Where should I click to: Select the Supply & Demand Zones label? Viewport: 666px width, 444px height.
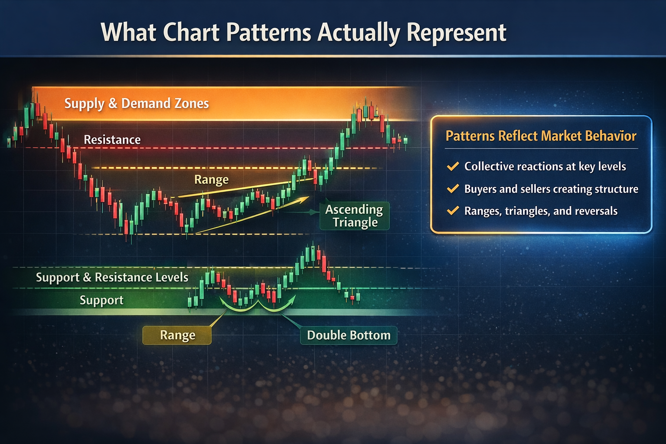137,104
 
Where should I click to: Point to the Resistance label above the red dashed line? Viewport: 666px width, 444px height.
112,140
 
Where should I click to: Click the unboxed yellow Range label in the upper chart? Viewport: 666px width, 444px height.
211,180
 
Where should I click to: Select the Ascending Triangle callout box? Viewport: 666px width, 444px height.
354,216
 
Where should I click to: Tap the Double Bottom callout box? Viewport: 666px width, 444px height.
349,335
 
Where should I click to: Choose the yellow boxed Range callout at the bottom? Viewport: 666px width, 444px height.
177,335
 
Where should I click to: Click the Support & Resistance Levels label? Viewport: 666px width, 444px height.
112,277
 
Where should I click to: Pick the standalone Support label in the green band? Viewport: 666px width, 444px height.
101,300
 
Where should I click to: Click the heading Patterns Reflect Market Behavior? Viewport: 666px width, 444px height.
541,136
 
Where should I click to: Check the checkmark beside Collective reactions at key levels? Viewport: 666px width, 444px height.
453,166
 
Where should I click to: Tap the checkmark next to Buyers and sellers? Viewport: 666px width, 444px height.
453,189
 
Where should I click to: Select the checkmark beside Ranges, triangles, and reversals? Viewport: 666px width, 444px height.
453,211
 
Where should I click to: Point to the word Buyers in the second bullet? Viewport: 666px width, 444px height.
480,189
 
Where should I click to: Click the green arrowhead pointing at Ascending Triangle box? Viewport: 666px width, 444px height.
314,212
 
